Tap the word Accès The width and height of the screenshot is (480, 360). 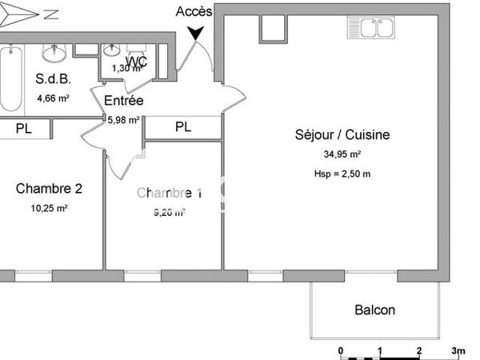(194, 10)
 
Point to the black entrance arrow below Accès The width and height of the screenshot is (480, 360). (194, 33)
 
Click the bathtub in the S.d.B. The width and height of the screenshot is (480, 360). (10, 78)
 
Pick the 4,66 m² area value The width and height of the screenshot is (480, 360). (52, 99)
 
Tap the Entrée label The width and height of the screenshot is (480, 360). (124, 101)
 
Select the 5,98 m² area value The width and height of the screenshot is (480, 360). (124, 120)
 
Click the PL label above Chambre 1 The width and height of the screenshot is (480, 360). (183, 126)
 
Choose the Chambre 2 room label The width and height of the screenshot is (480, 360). (49, 189)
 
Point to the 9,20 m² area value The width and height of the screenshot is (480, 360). (169, 213)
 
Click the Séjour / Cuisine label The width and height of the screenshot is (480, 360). (342, 134)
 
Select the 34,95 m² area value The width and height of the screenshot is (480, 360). (342, 155)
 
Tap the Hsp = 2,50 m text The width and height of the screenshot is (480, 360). (342, 174)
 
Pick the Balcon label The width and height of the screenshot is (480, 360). (374, 310)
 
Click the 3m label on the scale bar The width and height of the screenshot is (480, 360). (458, 350)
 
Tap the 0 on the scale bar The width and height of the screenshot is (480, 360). (341, 350)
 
